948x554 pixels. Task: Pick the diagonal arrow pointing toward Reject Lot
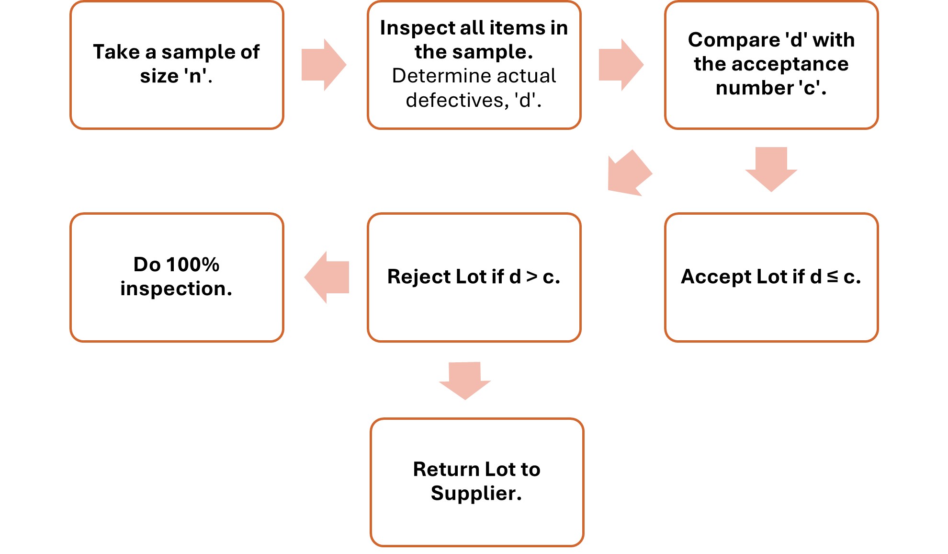coord(628,174)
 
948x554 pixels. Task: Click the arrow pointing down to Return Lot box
coord(464,380)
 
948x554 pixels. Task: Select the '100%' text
coord(192,265)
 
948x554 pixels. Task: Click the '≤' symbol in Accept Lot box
coord(833,276)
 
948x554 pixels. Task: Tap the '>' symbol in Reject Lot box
coord(532,277)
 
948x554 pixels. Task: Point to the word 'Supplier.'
coord(476,493)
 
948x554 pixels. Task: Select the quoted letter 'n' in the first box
coord(195,76)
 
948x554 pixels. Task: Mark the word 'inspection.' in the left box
coord(176,289)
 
